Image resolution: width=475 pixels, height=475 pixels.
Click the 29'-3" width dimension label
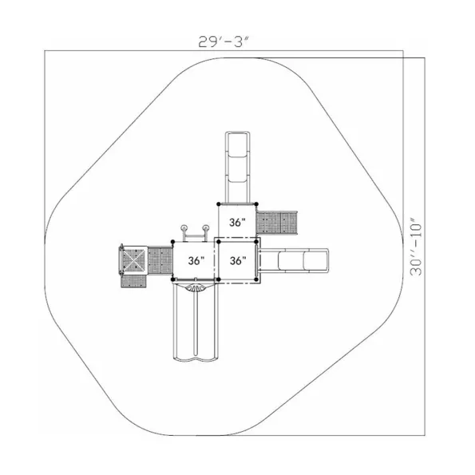pos(224,42)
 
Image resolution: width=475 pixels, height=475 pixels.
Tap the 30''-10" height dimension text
pos(416,250)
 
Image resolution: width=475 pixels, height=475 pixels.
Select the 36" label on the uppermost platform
pos(237,223)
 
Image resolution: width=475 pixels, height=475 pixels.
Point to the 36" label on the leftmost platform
pos(196,260)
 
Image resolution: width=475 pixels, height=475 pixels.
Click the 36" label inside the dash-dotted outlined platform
pos(238,260)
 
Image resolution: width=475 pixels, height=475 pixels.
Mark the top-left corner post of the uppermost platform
pos(219,204)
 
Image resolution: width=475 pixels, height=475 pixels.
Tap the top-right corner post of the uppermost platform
pos(256,204)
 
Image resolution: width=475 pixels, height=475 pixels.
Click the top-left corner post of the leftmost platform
pos(172,241)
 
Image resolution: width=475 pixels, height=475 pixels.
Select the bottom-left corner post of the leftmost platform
pos(172,279)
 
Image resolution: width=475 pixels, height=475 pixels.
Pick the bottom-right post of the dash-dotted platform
pos(256,279)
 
